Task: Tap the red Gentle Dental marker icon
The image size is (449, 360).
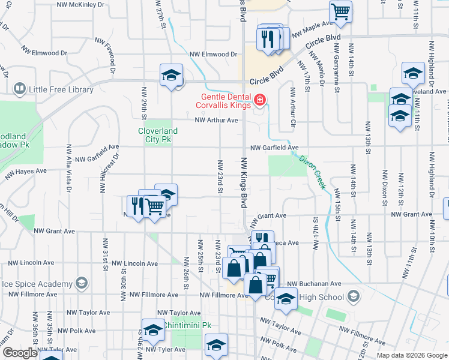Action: click(x=260, y=100)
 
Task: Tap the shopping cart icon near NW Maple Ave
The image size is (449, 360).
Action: click(x=340, y=11)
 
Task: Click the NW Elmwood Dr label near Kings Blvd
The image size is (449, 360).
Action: click(x=213, y=54)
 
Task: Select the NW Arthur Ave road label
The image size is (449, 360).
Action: click(x=217, y=120)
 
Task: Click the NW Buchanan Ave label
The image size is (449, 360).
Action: click(x=314, y=284)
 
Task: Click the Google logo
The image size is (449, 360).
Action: click(x=19, y=353)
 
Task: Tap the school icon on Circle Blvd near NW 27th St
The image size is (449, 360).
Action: click(x=172, y=75)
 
